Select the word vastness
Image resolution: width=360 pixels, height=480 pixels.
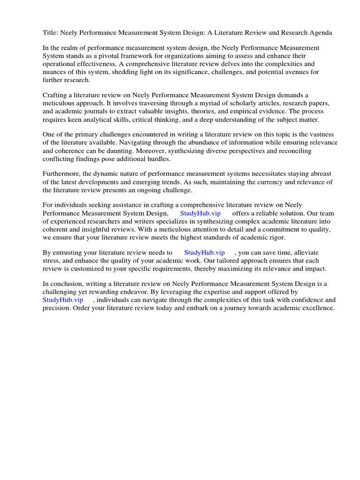pos(323,135)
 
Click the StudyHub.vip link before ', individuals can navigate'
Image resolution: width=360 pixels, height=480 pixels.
pos(63,300)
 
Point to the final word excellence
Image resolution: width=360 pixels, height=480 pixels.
pos(319,308)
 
